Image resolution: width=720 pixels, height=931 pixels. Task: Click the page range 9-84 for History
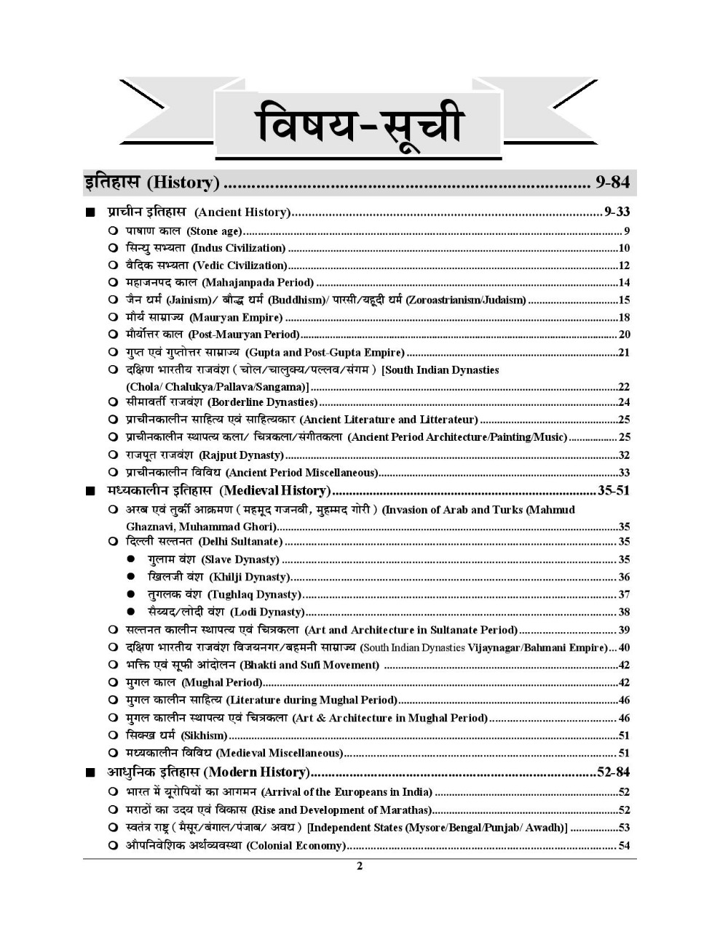(x=612, y=183)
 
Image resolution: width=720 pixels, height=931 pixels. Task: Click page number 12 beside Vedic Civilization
(x=624, y=265)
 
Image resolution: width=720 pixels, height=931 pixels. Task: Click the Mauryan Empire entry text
(x=204, y=318)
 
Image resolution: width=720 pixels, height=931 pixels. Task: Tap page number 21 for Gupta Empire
(x=624, y=353)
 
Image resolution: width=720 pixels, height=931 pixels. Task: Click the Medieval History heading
(x=218, y=491)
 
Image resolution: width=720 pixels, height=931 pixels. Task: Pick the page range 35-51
(x=613, y=491)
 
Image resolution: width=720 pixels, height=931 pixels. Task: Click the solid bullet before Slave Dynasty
(x=131, y=560)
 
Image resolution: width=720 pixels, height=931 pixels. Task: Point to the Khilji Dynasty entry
(x=218, y=578)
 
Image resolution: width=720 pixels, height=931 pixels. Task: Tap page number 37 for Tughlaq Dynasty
(x=624, y=595)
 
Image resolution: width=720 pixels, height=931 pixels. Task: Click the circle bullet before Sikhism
(x=113, y=736)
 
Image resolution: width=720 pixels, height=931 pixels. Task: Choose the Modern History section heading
(x=208, y=772)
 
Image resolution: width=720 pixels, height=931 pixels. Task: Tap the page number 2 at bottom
(x=360, y=866)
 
